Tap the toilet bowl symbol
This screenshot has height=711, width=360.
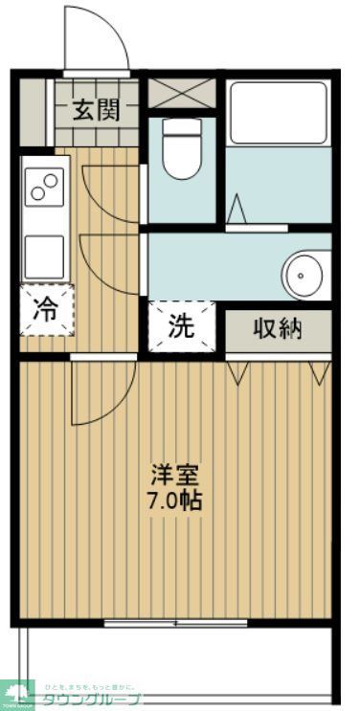click(x=181, y=150)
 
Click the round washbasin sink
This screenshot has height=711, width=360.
click(x=304, y=273)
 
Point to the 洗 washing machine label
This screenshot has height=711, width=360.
click(x=180, y=326)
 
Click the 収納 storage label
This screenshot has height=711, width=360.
click(x=278, y=328)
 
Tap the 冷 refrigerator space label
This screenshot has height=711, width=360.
click(x=45, y=309)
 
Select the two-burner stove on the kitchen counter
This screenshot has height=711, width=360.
click(x=45, y=186)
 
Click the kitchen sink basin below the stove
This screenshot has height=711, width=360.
click(x=45, y=254)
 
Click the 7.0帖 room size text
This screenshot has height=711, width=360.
click(x=174, y=500)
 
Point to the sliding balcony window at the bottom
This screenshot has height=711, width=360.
click(x=175, y=623)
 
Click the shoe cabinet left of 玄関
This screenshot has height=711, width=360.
click(x=33, y=111)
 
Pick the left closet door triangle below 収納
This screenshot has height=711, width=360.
click(x=239, y=371)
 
